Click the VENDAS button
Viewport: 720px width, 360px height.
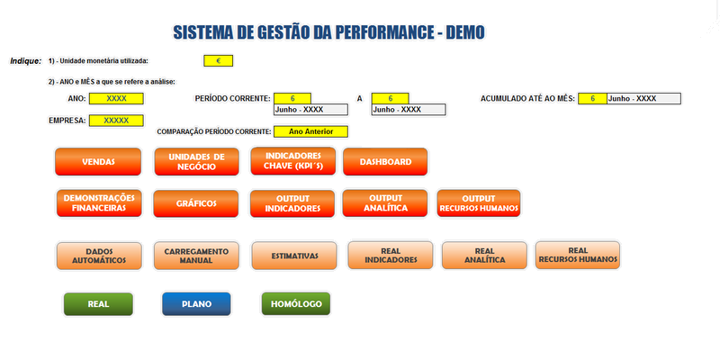98,162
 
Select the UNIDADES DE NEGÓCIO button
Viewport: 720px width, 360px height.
196,162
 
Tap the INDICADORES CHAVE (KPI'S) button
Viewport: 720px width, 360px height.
293,161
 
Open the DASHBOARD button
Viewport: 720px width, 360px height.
385,162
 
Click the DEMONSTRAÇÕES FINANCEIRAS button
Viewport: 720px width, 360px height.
99,203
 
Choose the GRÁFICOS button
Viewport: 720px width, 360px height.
196,203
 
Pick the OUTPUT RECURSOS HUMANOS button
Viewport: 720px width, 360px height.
479,203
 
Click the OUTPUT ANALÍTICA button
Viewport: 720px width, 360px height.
385,203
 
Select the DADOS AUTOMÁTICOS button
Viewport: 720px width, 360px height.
99,256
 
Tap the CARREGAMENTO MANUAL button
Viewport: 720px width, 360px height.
196,256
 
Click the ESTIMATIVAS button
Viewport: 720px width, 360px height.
294,256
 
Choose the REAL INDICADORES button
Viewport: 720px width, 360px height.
391,256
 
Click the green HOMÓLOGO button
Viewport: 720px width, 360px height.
296,304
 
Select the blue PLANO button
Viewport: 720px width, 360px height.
196,304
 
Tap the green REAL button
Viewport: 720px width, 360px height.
98,304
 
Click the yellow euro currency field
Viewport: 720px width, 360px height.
219,60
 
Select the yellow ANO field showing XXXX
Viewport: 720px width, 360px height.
116,98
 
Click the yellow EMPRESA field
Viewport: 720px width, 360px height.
116,121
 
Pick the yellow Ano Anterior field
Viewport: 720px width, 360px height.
310,131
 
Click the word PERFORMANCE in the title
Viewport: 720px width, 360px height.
383,32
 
